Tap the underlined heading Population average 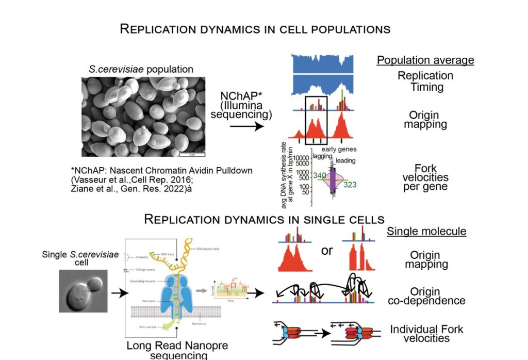425,60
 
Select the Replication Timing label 425,81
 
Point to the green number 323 349,185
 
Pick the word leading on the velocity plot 345,161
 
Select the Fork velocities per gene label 425,177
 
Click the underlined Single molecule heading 426,231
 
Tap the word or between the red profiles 327,251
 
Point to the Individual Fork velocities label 427,334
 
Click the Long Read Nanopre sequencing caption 177,350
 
